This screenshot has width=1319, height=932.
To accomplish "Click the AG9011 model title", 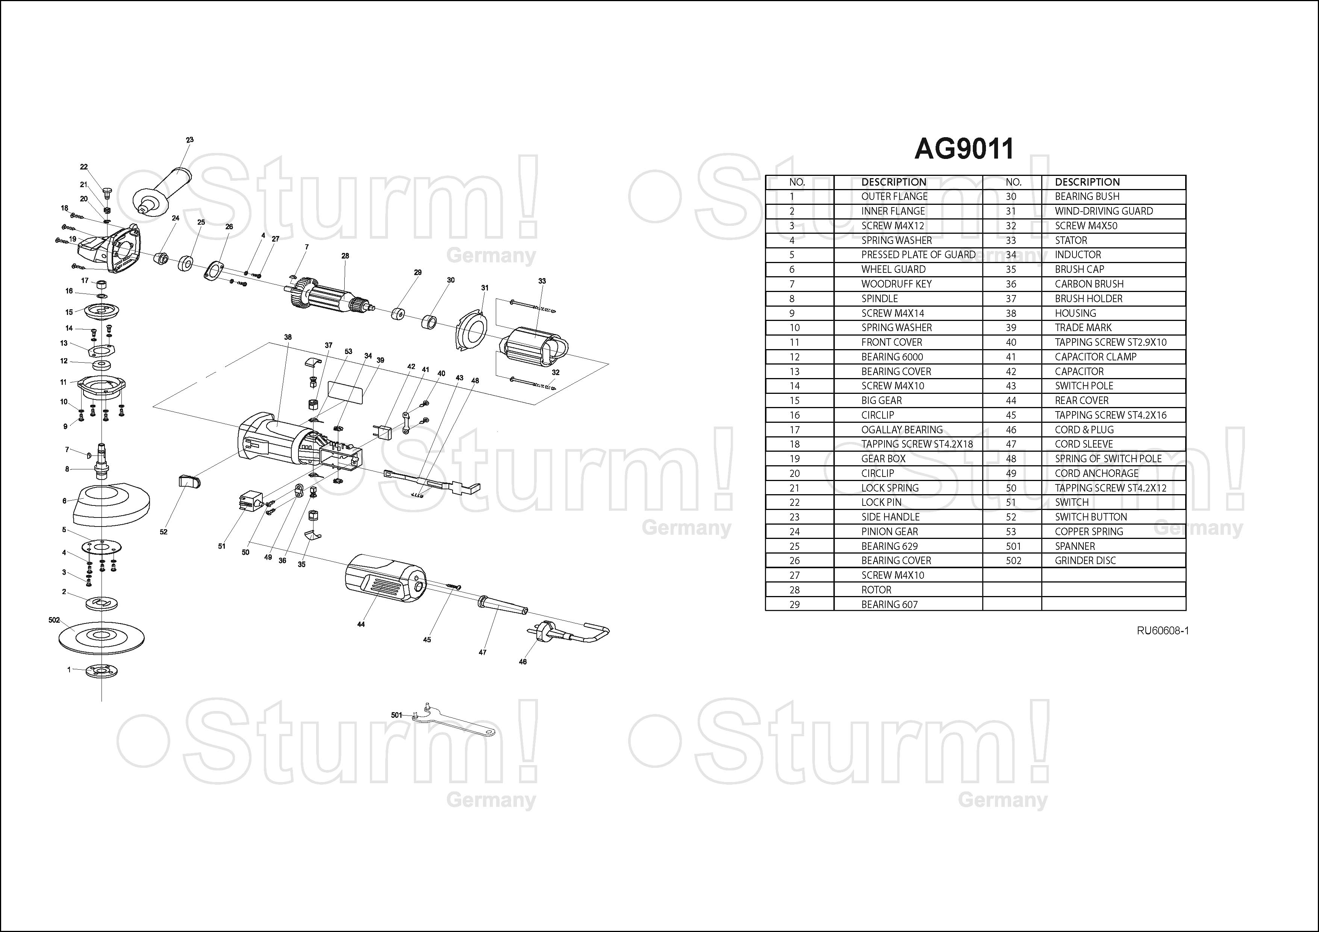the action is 964,149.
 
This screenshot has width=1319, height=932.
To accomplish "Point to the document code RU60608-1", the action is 1163,631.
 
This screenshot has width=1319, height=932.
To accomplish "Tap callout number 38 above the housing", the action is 288,337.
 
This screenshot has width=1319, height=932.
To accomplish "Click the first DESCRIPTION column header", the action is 893,182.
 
